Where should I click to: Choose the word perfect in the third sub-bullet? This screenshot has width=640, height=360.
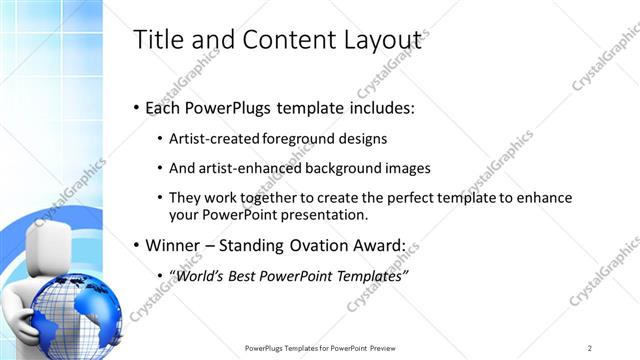click(x=410, y=198)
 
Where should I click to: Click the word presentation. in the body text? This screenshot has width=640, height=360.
click(x=327, y=214)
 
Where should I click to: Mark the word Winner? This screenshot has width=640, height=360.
click(x=176, y=245)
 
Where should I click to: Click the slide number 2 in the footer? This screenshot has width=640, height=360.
click(x=590, y=348)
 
